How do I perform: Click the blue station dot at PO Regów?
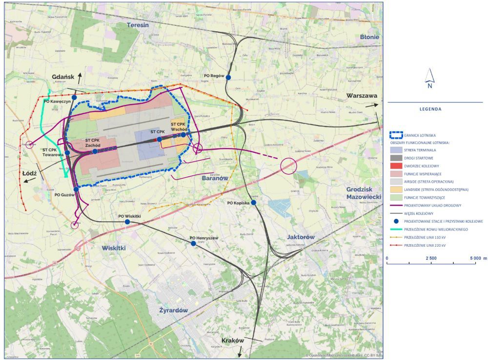pyautogui.click(x=228, y=77)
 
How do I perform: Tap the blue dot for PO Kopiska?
pyautogui.click(x=253, y=203)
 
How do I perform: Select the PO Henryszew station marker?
pyautogui.click(x=193, y=243)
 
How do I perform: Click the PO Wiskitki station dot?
pyautogui.click(x=127, y=222)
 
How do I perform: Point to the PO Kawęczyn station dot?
pyautogui.click(x=74, y=98)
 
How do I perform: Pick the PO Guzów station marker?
pyautogui.click(x=76, y=190)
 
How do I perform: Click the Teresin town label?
pyautogui.click(x=138, y=25)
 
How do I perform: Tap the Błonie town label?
pyautogui.click(x=369, y=37)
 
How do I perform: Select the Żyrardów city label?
pyautogui.click(x=173, y=310)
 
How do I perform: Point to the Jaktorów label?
pyautogui.click(x=300, y=237)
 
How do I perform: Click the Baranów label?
pyautogui.click(x=215, y=178)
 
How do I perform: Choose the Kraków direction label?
pyautogui.click(x=232, y=340)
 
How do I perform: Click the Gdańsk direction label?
pyautogui.click(x=63, y=77)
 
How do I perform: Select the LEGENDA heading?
pyautogui.click(x=430, y=109)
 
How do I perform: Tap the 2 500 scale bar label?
pyautogui.click(x=431, y=258)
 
